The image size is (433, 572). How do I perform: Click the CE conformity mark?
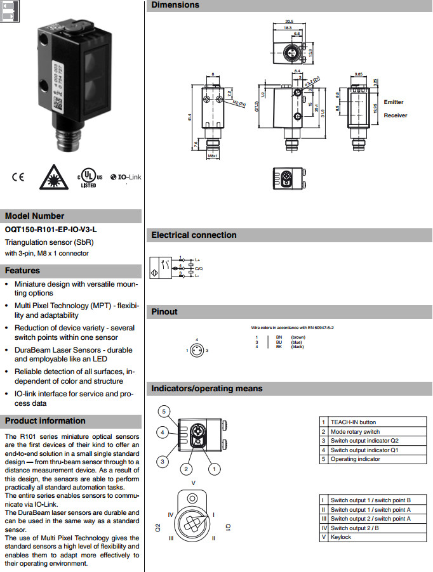click(17, 177)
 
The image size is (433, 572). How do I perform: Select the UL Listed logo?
click(88, 178)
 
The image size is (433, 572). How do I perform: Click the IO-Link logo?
click(125, 177)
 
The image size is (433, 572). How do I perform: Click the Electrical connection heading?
click(194, 235)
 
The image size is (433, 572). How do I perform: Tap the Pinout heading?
click(164, 311)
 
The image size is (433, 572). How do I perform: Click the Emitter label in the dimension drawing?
click(394, 102)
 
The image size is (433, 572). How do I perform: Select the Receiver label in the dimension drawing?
click(396, 115)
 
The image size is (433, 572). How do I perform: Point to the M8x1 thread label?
click(213, 156)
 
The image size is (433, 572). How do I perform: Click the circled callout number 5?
click(164, 412)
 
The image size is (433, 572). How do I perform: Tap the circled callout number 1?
click(214, 469)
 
